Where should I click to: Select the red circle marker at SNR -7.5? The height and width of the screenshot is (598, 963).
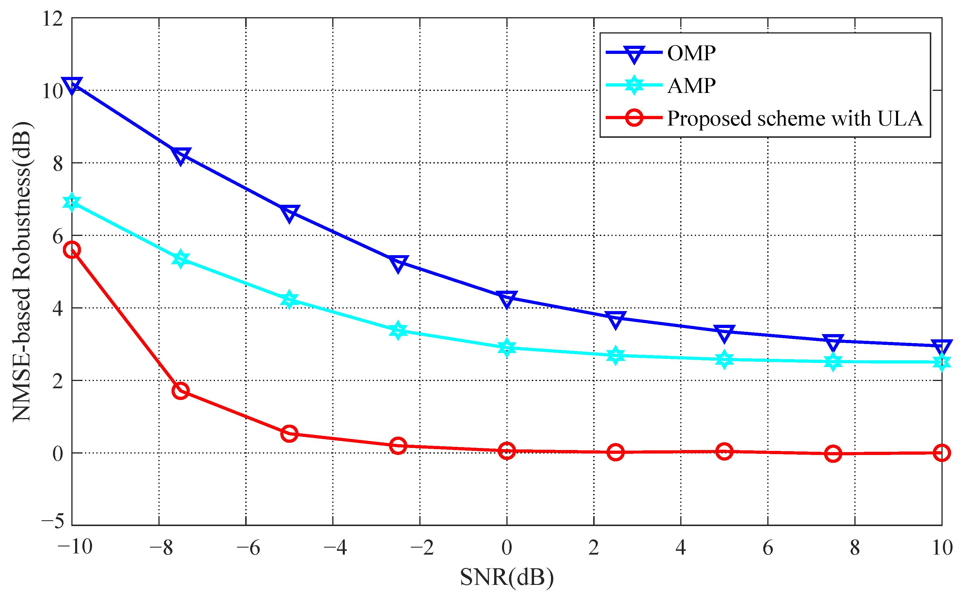coord(181,391)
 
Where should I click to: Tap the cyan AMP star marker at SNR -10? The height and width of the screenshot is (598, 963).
coord(72,202)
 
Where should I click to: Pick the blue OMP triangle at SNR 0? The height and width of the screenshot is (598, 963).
coord(507,299)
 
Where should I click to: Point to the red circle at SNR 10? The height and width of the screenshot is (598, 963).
coord(942,452)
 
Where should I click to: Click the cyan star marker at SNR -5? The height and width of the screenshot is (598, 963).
coord(289,299)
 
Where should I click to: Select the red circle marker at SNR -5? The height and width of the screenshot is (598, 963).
coord(289,433)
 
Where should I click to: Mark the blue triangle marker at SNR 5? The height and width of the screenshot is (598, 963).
coord(724,333)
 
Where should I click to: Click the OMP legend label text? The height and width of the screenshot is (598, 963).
coord(691,53)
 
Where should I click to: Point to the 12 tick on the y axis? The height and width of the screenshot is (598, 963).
coord(53,19)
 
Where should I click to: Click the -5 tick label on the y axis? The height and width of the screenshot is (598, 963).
coord(53,521)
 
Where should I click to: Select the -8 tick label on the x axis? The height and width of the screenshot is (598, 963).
coord(161,548)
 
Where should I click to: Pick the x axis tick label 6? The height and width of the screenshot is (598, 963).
coord(768,548)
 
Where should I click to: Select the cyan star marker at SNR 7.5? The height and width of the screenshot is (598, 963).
coord(833,361)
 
